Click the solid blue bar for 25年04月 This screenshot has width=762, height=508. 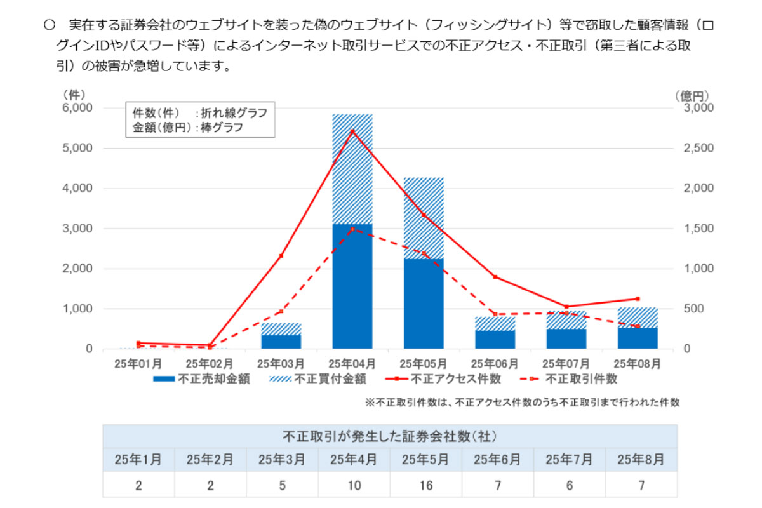pyautogui.click(x=352, y=286)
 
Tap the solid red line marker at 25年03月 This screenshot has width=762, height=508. pyautogui.click(x=281, y=256)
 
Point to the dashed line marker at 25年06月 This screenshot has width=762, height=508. pyautogui.click(x=495, y=314)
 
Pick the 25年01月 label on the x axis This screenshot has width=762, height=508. pyautogui.click(x=137, y=364)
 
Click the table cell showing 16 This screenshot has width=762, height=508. pyautogui.click(x=425, y=486)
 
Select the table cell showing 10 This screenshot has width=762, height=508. pyautogui.click(x=354, y=486)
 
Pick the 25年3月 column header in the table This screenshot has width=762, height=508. pyautogui.click(x=282, y=459)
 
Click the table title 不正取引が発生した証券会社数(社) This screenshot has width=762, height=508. pyautogui.click(x=389, y=436)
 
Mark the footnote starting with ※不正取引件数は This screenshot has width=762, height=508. pyautogui.click(x=522, y=402)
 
